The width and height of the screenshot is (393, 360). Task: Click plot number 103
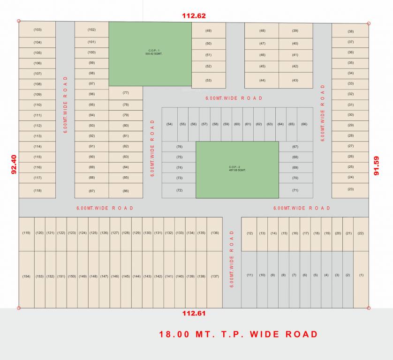point(38,30)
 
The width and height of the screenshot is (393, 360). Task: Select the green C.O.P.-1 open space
point(150,53)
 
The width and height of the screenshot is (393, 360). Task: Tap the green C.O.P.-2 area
point(237,169)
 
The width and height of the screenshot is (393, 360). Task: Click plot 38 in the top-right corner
point(350,31)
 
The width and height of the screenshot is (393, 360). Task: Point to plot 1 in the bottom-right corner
point(361,275)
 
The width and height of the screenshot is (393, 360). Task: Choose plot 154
point(26,277)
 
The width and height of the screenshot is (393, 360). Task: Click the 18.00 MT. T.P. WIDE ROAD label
point(238,334)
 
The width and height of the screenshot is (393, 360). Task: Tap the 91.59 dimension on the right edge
point(377,165)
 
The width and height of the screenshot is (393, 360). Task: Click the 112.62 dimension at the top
point(194,15)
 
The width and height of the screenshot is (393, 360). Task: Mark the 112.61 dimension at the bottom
point(194,313)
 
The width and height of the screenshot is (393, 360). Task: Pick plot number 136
point(215,233)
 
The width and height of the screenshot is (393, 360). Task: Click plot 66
point(304,124)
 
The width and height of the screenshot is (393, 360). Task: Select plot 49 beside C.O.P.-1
point(208,31)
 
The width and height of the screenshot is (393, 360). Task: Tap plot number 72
point(179,190)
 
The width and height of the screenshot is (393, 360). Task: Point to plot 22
point(361,233)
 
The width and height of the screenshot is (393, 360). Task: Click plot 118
point(38,190)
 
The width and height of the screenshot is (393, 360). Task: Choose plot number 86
point(126,191)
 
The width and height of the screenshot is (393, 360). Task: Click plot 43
point(295,80)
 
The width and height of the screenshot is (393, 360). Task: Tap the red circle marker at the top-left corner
point(19,21)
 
